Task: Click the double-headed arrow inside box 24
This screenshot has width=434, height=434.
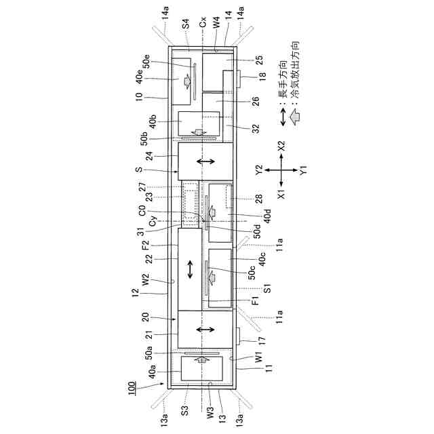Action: (205, 161)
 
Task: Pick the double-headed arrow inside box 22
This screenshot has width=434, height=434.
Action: (190, 269)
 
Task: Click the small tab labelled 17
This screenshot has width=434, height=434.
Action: (238, 334)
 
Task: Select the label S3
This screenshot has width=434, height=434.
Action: (185, 410)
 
